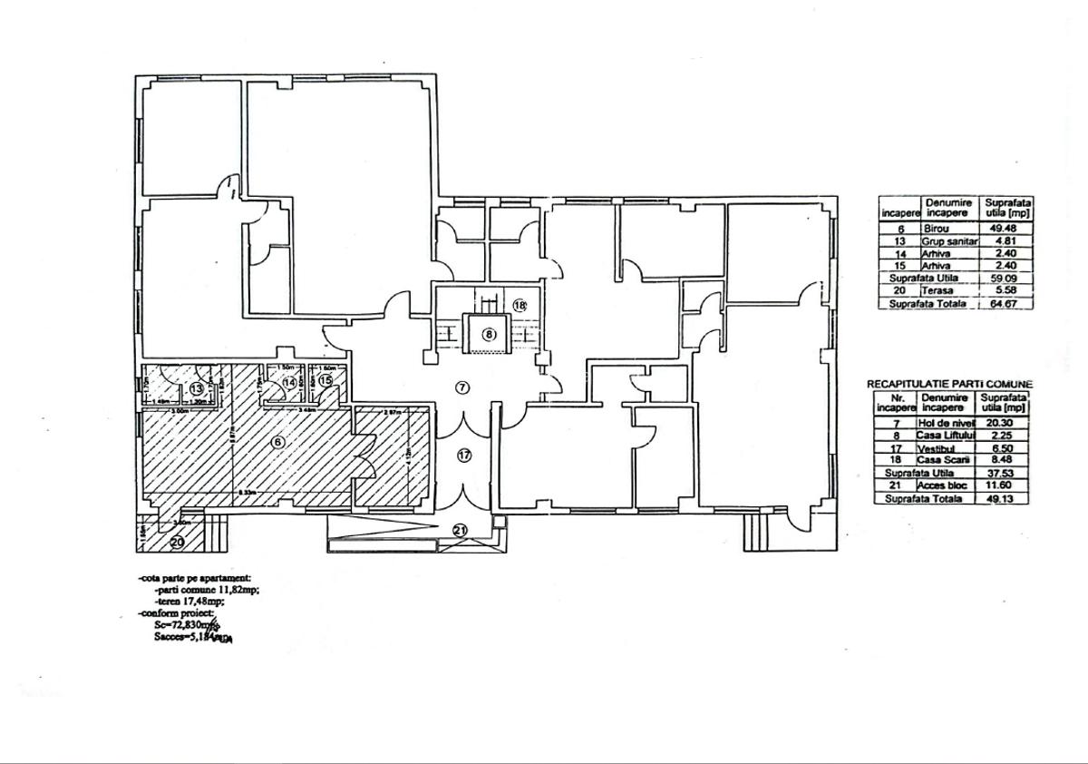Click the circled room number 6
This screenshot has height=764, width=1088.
pyautogui.click(x=278, y=442)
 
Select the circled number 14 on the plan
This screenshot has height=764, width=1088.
pyautogui.click(x=290, y=383)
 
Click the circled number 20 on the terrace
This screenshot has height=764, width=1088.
pyautogui.click(x=176, y=542)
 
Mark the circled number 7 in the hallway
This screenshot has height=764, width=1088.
pyautogui.click(x=462, y=388)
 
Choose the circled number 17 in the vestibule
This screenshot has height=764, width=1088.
pyautogui.click(x=464, y=455)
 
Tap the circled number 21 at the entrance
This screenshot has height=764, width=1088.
pyautogui.click(x=460, y=530)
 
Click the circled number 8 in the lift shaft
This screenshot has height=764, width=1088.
pyautogui.click(x=489, y=334)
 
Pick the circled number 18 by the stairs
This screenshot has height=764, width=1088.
pyautogui.click(x=520, y=306)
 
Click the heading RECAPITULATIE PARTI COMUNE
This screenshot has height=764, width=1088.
pyautogui.click(x=948, y=385)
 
